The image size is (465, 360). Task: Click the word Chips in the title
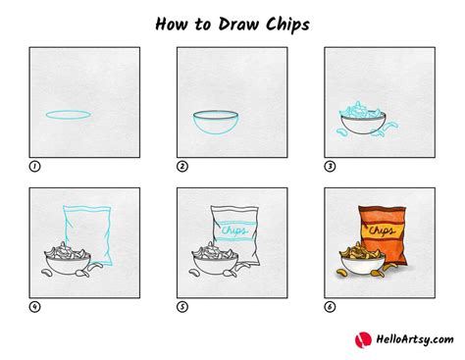(284, 21)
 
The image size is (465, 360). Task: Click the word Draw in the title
(228, 21)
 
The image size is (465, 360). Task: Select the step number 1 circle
(35, 167)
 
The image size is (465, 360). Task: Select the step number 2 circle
(182, 167)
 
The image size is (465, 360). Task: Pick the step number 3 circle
(330, 167)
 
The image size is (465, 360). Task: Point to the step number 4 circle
(35, 307)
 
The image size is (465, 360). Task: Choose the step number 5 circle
(182, 307)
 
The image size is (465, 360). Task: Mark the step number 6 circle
(330, 307)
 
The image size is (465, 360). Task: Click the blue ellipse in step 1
(70, 119)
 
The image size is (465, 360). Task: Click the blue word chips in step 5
(235, 231)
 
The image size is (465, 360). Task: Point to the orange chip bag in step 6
(386, 231)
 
